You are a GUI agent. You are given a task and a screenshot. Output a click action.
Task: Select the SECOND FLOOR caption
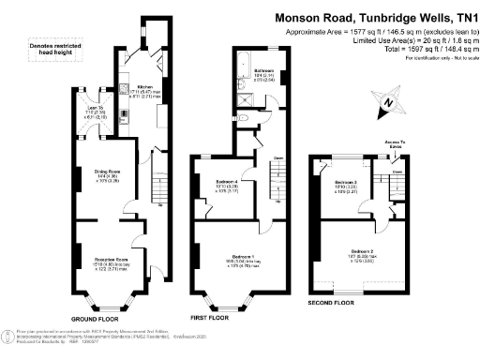tap(332, 304)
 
